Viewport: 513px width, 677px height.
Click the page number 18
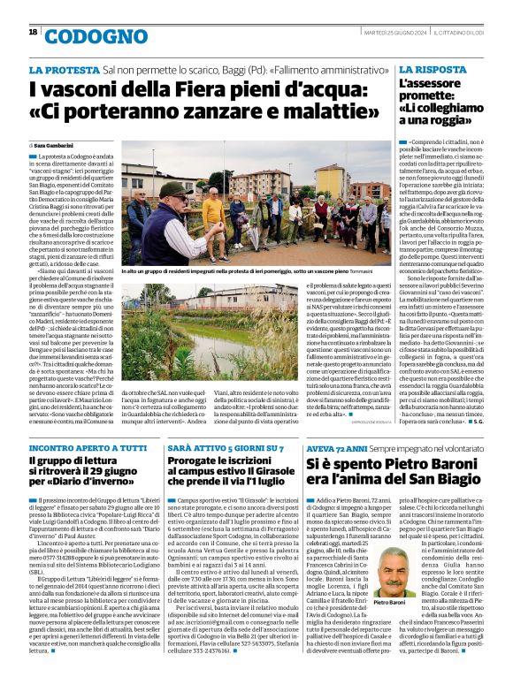click(x=33, y=33)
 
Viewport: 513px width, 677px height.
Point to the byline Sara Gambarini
click(x=59, y=144)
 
